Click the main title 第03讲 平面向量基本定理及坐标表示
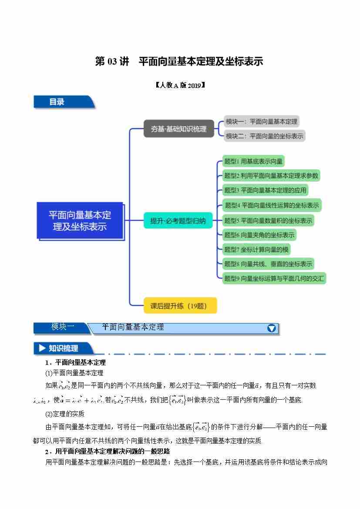click(x=179, y=61)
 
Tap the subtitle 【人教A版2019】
click(x=180, y=85)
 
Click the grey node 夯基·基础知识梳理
click(x=178, y=129)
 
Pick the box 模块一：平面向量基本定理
click(x=261, y=121)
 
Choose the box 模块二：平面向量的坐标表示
click(x=264, y=136)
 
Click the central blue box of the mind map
click(x=80, y=221)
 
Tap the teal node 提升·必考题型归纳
click(x=178, y=221)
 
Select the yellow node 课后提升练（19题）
click(x=179, y=306)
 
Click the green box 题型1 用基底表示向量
click(x=253, y=162)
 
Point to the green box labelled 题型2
click(x=271, y=176)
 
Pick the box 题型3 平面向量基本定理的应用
click(x=265, y=190)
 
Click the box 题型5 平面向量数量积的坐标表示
click(x=268, y=220)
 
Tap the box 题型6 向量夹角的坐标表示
click(x=259, y=235)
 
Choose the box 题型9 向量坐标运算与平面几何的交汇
click(x=274, y=278)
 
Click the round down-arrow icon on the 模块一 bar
click(x=272, y=328)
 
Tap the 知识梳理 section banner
click(x=63, y=348)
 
